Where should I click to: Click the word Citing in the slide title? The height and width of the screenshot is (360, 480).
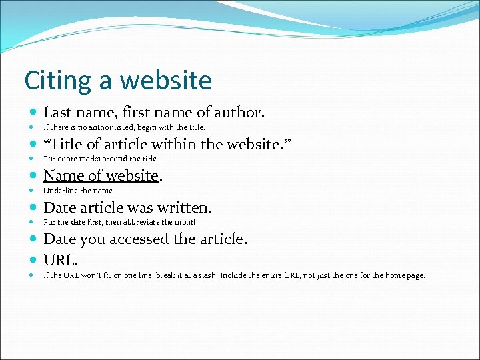tap(56, 81)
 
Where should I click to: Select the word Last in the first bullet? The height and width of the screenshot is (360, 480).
tap(57, 112)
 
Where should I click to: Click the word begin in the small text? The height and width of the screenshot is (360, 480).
tap(154, 127)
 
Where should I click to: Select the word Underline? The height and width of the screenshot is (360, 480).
tap(59, 191)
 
